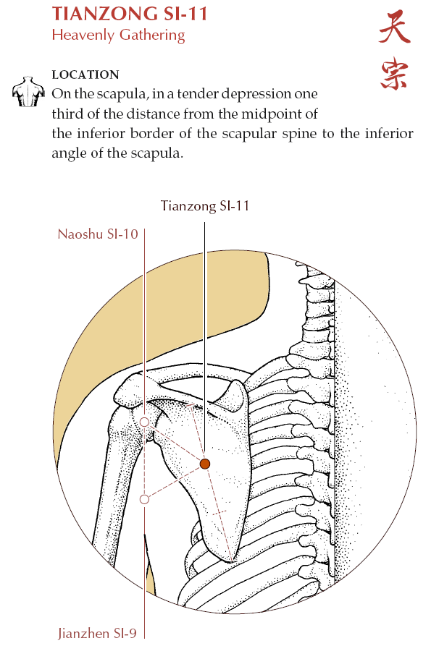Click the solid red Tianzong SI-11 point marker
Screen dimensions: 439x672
205,463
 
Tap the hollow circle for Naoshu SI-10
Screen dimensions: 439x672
145,422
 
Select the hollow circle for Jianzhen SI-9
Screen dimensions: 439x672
145,499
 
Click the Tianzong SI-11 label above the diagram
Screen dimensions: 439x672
205,206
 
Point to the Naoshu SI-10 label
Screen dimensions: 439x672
98,234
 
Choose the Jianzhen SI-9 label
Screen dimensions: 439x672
97,634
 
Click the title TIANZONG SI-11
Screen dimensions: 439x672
130,14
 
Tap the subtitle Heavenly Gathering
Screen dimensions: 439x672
118,35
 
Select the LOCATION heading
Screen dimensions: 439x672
85,75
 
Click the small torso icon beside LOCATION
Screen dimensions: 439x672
28,91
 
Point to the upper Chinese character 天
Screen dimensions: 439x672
394,28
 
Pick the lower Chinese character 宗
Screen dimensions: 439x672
394,74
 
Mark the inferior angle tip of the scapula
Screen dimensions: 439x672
232,561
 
